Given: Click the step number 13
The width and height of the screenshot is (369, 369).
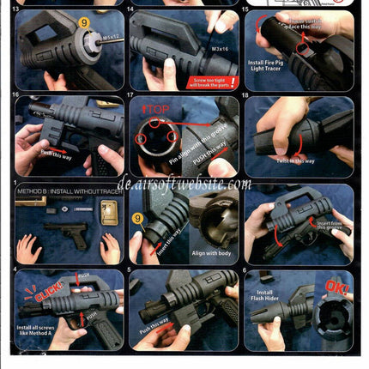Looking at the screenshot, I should pyautogui.click(x=20, y=12).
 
